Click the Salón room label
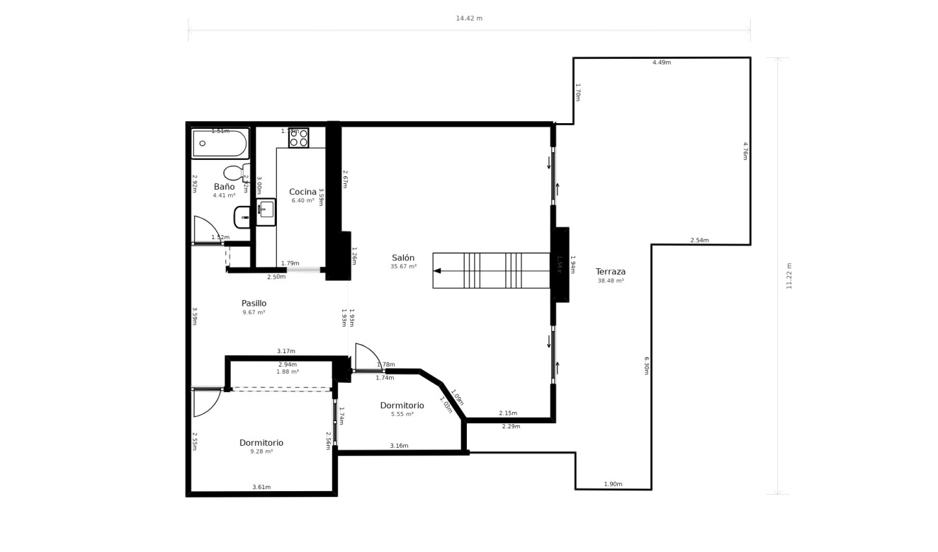(x=403, y=258)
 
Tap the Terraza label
(x=610, y=272)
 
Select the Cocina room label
(x=303, y=192)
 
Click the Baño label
(x=224, y=187)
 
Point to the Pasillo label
(x=254, y=303)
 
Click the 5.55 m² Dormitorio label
(x=402, y=406)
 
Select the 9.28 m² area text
(x=261, y=452)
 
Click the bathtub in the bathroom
(x=220, y=144)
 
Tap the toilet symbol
(x=234, y=173)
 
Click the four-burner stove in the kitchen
(x=298, y=138)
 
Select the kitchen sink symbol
(x=266, y=209)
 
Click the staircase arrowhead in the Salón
(x=437, y=270)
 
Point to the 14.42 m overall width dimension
(x=469, y=18)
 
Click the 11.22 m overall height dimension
(x=789, y=276)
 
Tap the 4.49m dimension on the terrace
(x=661, y=62)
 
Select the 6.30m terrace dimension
(x=646, y=365)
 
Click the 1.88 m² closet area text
(x=287, y=372)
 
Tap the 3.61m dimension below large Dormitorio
(x=261, y=487)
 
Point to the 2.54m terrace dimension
(x=699, y=241)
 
